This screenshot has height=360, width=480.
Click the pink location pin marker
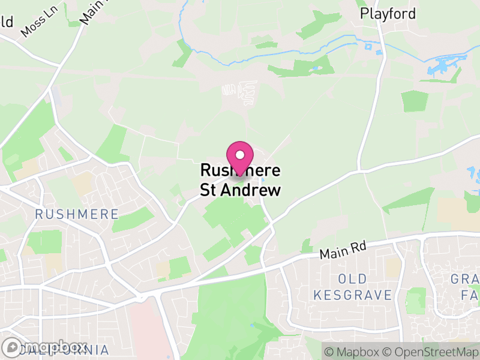(x=240, y=157)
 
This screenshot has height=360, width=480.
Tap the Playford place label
(x=388, y=13)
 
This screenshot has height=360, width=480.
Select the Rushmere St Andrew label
(x=240, y=181)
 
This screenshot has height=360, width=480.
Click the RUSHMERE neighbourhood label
(x=77, y=214)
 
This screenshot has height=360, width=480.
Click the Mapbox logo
(x=44, y=347)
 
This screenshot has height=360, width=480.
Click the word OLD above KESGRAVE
(x=352, y=279)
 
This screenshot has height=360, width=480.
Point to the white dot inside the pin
(x=240, y=154)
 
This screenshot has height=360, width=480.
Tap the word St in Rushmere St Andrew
(x=209, y=191)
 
